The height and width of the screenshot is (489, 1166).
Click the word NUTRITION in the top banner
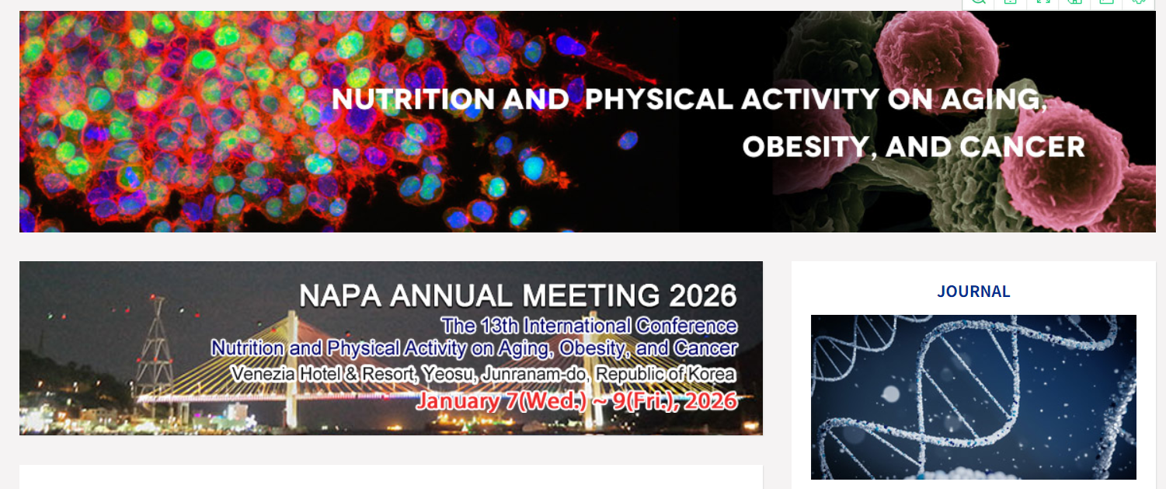[x=412, y=99]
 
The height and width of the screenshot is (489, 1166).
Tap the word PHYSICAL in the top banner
[x=659, y=99]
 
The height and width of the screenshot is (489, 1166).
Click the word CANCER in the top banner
[x=1022, y=147]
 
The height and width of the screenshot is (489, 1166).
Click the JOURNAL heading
[x=973, y=292]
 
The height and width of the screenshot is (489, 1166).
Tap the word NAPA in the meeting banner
[x=340, y=295]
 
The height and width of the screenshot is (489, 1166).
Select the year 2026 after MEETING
[x=703, y=295]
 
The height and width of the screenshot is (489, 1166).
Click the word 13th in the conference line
[x=499, y=326]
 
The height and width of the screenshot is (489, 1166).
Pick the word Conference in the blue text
[x=686, y=326]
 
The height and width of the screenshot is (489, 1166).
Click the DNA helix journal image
[x=973, y=396]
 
